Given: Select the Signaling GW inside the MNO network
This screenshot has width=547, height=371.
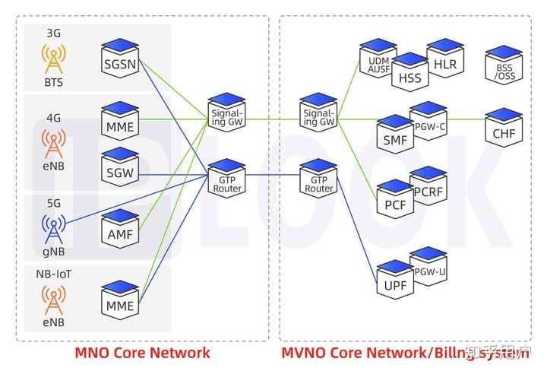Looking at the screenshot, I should point(227,113).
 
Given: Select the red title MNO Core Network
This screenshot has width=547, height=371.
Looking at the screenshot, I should point(142,353).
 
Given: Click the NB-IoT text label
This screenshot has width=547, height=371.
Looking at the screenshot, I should point(53,272).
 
